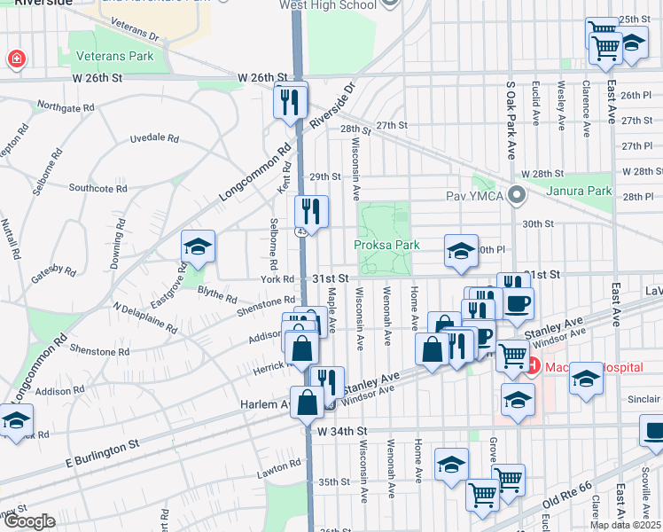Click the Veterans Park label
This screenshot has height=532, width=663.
[x=116, y=56]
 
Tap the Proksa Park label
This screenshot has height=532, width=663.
[x=386, y=245]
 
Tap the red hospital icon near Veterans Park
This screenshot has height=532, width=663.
[x=16, y=60]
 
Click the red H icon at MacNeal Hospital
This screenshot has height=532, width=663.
[x=532, y=364]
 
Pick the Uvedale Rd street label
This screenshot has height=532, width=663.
[x=154, y=139]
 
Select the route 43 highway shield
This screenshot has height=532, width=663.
[x=303, y=231]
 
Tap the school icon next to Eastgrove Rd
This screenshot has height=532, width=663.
[x=199, y=247]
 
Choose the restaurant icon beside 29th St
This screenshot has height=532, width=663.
[x=311, y=212]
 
